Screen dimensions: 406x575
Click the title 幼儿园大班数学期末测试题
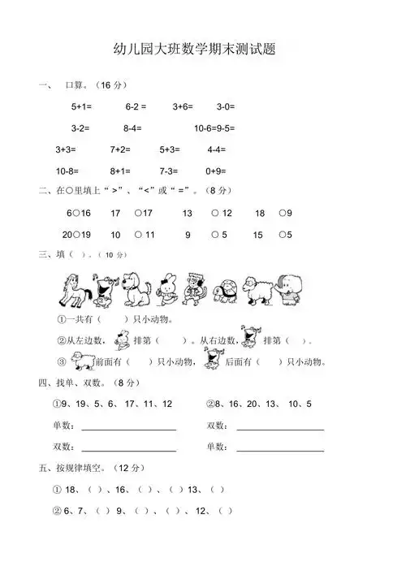pos(203,50)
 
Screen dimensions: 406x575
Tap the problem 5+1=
pos(82,106)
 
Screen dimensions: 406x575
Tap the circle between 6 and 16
pos(75,214)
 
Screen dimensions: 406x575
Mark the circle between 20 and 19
pos(76,236)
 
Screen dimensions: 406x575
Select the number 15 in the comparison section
pos(257,236)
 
